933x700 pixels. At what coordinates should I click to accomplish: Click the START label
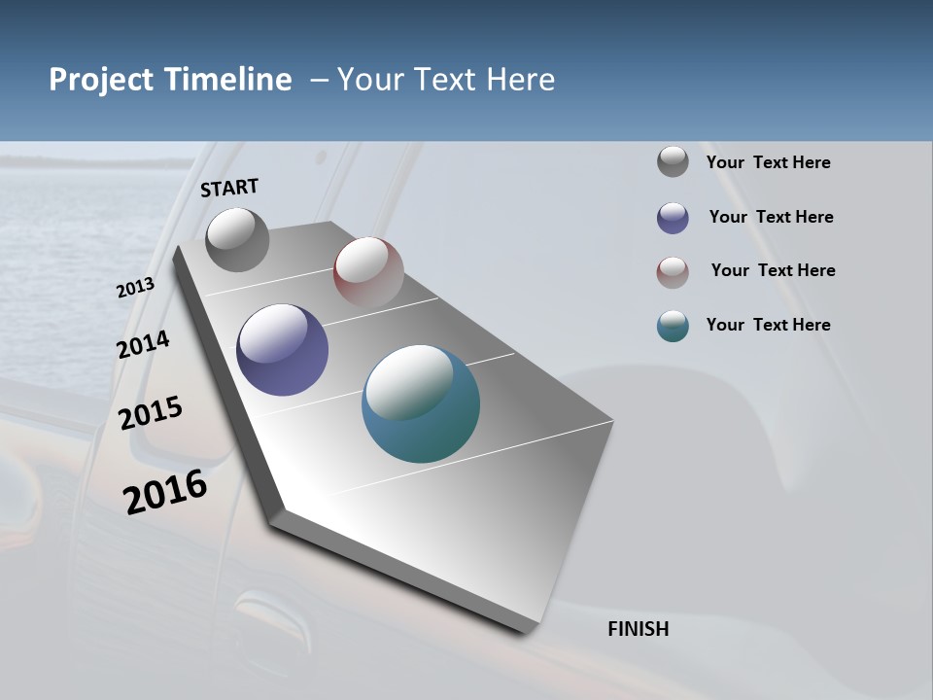click(229, 188)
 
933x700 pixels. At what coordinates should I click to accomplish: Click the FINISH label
click(639, 629)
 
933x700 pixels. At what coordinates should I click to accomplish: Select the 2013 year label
click(135, 288)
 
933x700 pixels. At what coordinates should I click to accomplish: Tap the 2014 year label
click(144, 345)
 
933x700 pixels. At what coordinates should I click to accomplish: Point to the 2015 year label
click(151, 413)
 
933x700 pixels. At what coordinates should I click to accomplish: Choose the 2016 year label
click(165, 492)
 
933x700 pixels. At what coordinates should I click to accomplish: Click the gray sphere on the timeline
click(238, 240)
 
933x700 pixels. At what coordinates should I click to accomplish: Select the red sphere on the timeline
click(368, 272)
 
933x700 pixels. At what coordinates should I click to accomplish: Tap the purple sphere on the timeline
click(283, 350)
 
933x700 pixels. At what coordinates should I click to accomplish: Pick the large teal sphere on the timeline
click(421, 403)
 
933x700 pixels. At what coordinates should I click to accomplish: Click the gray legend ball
click(673, 162)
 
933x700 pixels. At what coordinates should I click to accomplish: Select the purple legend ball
click(673, 218)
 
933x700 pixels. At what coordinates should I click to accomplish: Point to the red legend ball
click(673, 272)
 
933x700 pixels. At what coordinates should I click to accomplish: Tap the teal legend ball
click(673, 326)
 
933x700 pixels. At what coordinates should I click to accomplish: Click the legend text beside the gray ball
click(768, 163)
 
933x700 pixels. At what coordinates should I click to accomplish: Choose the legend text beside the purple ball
click(771, 217)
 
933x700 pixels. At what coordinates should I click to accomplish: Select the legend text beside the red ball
click(773, 270)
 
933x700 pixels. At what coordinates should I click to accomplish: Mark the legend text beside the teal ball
click(768, 325)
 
